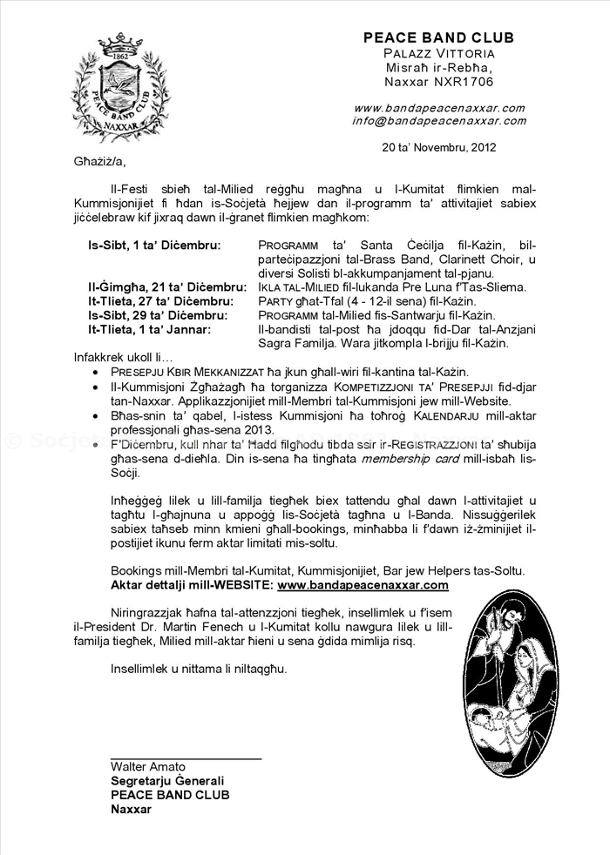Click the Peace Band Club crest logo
pos(120,86)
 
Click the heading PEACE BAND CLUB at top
pos(438,37)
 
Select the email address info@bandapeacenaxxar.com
pos(438,120)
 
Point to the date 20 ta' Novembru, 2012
pos(439,147)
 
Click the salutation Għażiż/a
pos(88,162)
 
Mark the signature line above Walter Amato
pos(186,759)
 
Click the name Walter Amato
pos(147,767)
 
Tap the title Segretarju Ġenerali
pos(167,781)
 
